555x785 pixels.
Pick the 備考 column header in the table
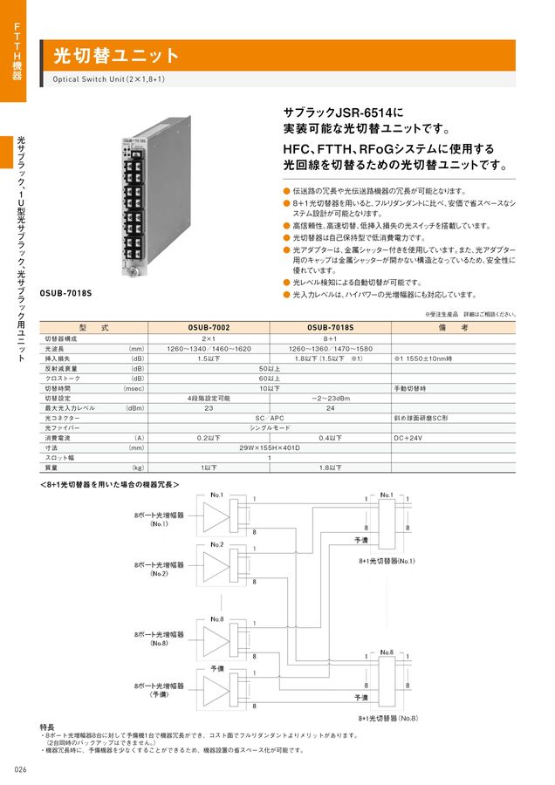point(458,326)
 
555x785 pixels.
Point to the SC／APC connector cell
point(270,419)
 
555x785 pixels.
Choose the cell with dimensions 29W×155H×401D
point(270,447)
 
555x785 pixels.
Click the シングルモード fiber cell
point(270,428)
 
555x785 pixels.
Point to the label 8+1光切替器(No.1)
point(388,563)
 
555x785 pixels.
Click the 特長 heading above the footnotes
point(47,727)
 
